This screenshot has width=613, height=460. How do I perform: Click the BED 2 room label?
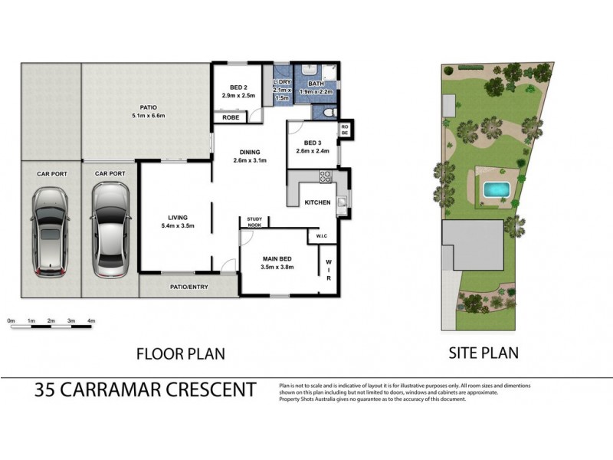(x=232, y=87)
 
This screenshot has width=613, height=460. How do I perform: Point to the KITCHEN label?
(x=317, y=202)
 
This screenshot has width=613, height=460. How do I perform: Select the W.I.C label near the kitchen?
(x=322, y=237)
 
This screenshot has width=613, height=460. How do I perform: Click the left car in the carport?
(x=50, y=232)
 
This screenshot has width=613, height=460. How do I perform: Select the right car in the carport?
(x=108, y=232)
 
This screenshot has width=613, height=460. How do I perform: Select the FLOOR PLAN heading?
(x=179, y=354)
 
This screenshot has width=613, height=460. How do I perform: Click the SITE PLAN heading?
(x=483, y=353)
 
